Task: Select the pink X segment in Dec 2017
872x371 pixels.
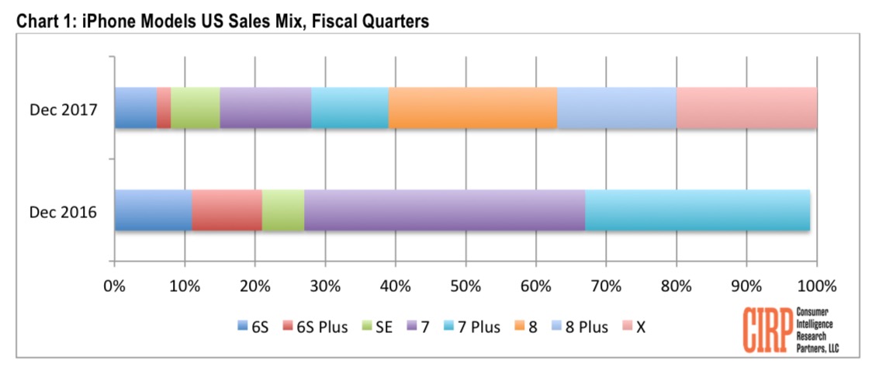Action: click(x=746, y=108)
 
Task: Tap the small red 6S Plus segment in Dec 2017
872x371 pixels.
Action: click(x=164, y=108)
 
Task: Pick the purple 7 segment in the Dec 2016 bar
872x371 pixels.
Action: click(x=445, y=210)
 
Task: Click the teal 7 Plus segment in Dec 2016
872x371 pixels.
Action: click(x=697, y=210)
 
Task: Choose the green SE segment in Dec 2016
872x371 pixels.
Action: click(x=283, y=210)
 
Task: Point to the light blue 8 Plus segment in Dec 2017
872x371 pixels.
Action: click(x=617, y=108)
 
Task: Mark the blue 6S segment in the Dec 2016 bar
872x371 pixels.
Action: click(x=153, y=210)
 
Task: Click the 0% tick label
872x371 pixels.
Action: click(x=115, y=286)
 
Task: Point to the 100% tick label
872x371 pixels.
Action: click(x=816, y=286)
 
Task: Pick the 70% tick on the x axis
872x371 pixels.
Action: click(x=606, y=286)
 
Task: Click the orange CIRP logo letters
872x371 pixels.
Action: click(x=767, y=331)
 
